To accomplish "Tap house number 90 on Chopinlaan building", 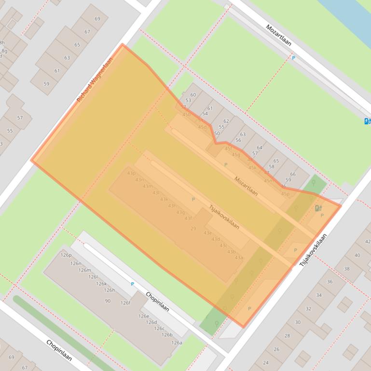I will (x=108, y=301).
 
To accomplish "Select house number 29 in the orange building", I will (x=193, y=228).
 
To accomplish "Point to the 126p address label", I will (x=66, y=255).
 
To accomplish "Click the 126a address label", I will (x=177, y=343).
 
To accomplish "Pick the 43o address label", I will (x=131, y=173).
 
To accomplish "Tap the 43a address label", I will (x=239, y=258).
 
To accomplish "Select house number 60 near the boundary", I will (x=193, y=95).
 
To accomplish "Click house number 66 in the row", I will (x=292, y=174).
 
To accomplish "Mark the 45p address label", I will (x=285, y=194).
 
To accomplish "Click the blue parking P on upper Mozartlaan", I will (x=293, y=58).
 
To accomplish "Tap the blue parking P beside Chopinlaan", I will (x=133, y=284).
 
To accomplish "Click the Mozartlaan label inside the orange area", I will (x=246, y=186).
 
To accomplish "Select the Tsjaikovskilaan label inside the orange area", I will (x=224, y=217).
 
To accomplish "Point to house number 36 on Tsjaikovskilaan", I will (x=330, y=282).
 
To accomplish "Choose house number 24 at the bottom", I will (x=265, y=362).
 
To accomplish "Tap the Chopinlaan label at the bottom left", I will (x=59, y=350).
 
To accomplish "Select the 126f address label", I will (x=125, y=303).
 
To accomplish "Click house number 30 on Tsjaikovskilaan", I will (x=298, y=322).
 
